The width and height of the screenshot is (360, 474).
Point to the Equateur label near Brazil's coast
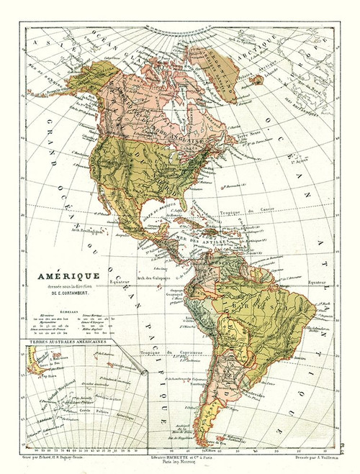point(317,283)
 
